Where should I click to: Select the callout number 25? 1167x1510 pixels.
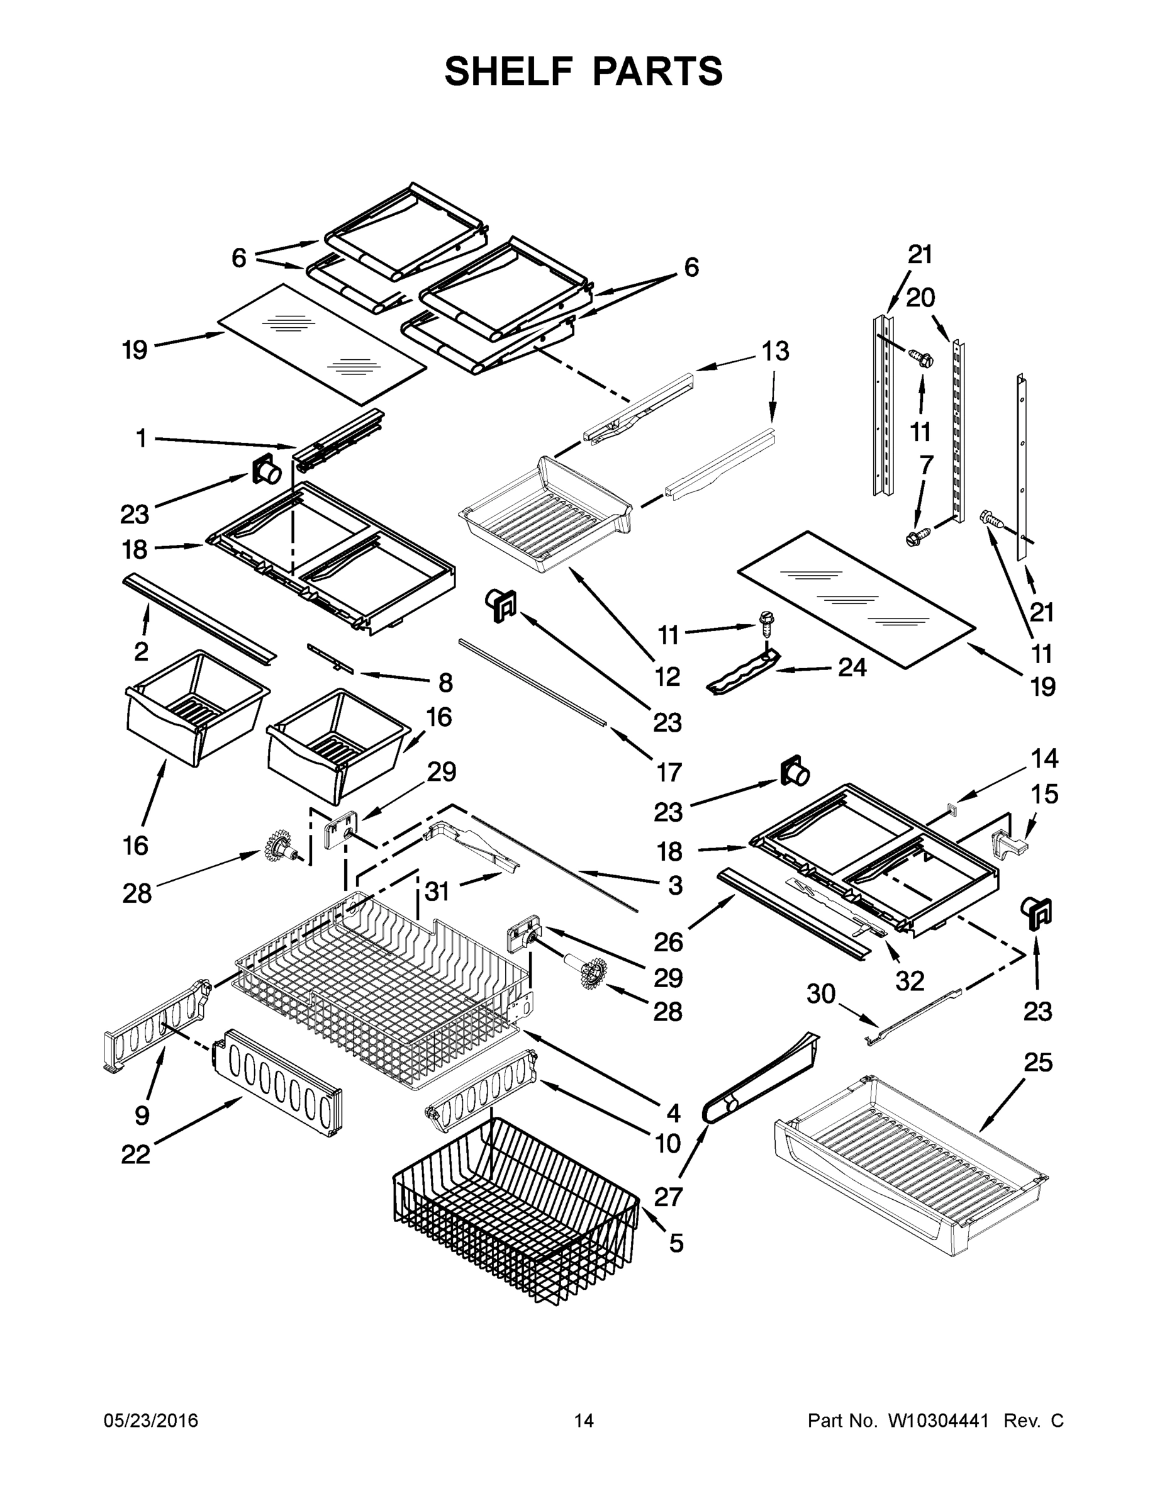coord(1037,1063)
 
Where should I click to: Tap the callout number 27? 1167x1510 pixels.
coord(669,1196)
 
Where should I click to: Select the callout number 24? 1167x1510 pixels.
coord(852,667)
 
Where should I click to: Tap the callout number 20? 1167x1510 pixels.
coord(920,298)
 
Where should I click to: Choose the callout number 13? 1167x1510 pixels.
coord(775,351)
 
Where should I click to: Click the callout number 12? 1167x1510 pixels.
coord(667,676)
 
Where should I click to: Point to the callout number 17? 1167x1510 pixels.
coord(669,772)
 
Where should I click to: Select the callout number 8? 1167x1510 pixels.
coord(445,683)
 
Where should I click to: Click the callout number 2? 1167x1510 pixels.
coord(141,651)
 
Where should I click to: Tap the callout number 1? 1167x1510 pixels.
coord(141,438)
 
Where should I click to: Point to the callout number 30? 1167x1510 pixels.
coord(820,994)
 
